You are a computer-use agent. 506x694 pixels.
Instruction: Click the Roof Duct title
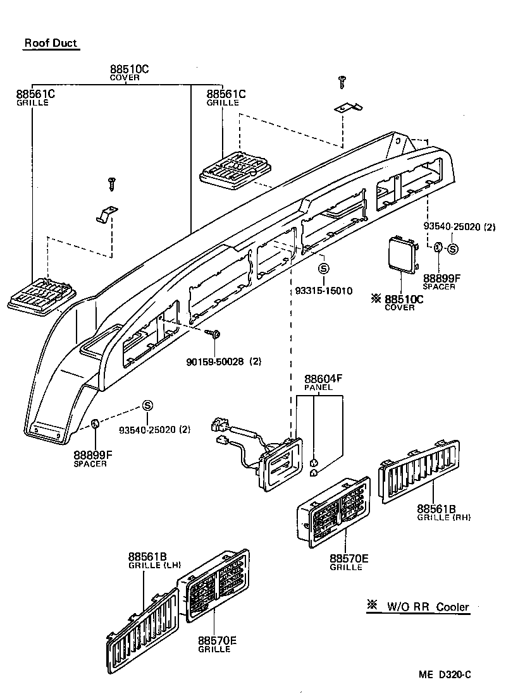coord(51,44)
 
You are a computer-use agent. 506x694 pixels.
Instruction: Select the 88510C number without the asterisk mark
coord(129,69)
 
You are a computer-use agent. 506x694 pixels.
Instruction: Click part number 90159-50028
coord(214,362)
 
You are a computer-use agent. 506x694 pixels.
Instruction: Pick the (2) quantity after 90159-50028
coord(256,362)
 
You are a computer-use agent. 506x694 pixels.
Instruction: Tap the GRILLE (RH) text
coord(444,517)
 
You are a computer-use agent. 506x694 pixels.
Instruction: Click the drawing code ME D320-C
coord(445,674)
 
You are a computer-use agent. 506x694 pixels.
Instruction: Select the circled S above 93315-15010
coord(323,269)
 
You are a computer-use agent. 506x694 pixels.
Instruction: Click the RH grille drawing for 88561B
coord(419,472)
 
